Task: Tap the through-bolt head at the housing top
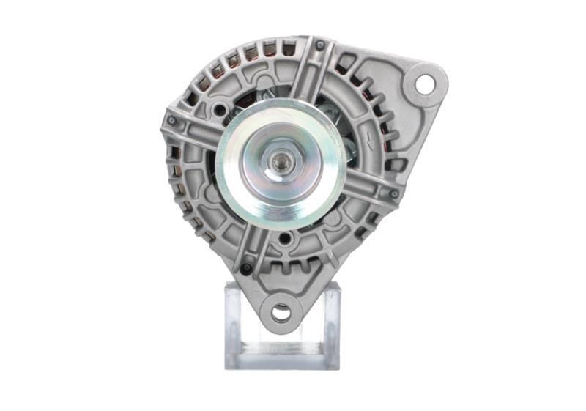[320, 45]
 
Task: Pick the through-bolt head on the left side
[171, 120]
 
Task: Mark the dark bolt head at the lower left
[246, 269]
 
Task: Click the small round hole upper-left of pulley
[219, 111]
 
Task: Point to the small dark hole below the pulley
[283, 238]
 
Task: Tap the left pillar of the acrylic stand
[234, 322]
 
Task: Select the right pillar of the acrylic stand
[331, 322]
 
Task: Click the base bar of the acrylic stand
[282, 359]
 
